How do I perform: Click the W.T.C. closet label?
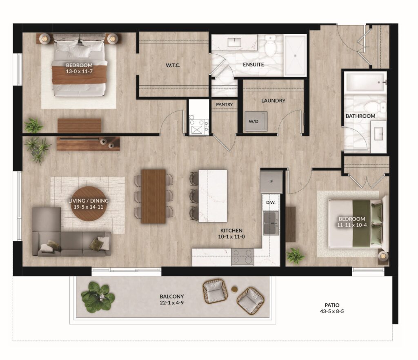(173, 65)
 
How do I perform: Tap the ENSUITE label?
(253, 64)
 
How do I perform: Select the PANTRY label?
(224, 104)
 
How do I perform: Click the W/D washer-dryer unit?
(256, 121)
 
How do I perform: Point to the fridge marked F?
(271, 182)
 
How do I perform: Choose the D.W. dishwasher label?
(271, 202)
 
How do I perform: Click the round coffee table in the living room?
(87, 204)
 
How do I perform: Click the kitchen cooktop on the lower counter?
(242, 257)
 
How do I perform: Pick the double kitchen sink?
(271, 223)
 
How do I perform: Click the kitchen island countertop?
(213, 196)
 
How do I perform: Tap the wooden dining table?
(153, 196)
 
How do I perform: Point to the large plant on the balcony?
(98, 297)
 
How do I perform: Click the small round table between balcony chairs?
(235, 289)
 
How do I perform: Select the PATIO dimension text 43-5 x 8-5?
(332, 311)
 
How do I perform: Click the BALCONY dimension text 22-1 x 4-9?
(172, 303)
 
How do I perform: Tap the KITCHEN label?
(231, 231)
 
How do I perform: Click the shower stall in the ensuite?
(295, 55)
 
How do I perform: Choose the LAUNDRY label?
(273, 101)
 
